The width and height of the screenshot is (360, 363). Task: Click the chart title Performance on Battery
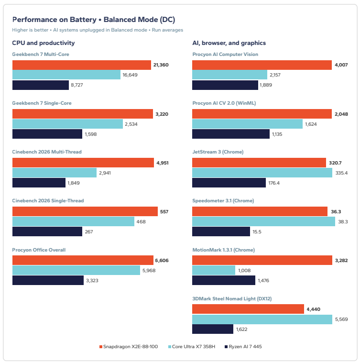coord(55,20)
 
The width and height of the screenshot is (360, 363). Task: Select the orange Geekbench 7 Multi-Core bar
coord(82,65)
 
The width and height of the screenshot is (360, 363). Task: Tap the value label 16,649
coord(130,75)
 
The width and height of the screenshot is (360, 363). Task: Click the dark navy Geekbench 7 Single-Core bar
coord(47,134)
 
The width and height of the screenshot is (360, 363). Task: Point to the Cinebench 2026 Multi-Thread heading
coord(47,152)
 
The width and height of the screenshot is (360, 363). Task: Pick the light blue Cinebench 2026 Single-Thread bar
coord(73,221)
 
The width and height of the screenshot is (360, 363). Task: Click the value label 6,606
coord(162,261)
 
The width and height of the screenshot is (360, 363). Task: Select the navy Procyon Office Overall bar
coord(48,280)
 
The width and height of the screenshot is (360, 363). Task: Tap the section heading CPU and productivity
coord(43,43)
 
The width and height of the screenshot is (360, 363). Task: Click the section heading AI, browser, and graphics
coord(229,43)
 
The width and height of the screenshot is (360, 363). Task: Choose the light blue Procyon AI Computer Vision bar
coord(230,75)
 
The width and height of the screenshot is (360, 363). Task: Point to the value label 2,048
coord(341,114)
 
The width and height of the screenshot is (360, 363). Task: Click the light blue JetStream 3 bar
coord(262,173)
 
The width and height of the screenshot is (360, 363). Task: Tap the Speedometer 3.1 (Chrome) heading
coord(223,201)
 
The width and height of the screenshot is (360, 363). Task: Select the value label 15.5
coord(257,232)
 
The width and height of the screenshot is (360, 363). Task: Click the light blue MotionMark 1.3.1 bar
coord(214,270)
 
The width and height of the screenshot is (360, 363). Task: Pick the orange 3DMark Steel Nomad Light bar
coord(248,309)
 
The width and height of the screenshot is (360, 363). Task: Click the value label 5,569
coord(341,319)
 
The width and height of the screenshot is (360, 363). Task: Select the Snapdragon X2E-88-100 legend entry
coord(129,347)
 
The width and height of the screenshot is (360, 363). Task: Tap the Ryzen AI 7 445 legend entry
coord(243,347)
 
